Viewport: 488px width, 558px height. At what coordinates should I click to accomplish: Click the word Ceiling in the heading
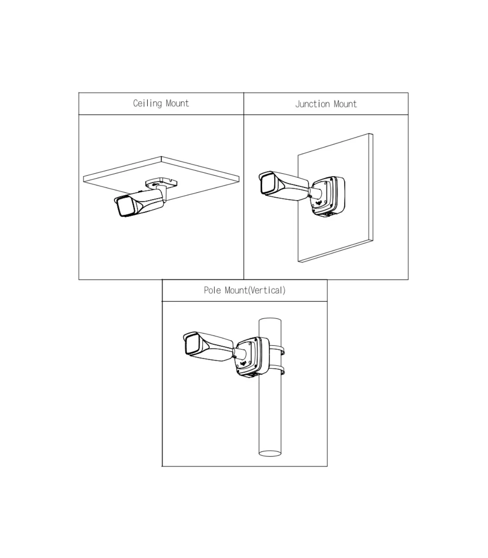pos(147,104)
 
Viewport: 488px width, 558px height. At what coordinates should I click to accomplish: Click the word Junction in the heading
pos(313,104)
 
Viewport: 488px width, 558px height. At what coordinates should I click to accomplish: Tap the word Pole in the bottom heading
pos(212,290)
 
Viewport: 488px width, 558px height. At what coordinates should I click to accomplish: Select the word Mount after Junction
pos(345,104)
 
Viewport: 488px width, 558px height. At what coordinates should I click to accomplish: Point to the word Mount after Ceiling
pos(177,103)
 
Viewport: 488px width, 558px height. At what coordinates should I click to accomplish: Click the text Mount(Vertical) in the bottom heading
pos(255,290)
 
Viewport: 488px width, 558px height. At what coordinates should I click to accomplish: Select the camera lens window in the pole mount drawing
pos(192,345)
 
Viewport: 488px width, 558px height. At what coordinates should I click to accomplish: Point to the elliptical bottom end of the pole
pos(270,453)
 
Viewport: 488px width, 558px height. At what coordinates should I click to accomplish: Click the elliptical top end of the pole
pos(270,320)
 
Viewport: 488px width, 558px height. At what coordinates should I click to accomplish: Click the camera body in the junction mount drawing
pos(283,185)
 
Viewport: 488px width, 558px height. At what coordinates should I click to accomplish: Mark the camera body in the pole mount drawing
pos(208,347)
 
